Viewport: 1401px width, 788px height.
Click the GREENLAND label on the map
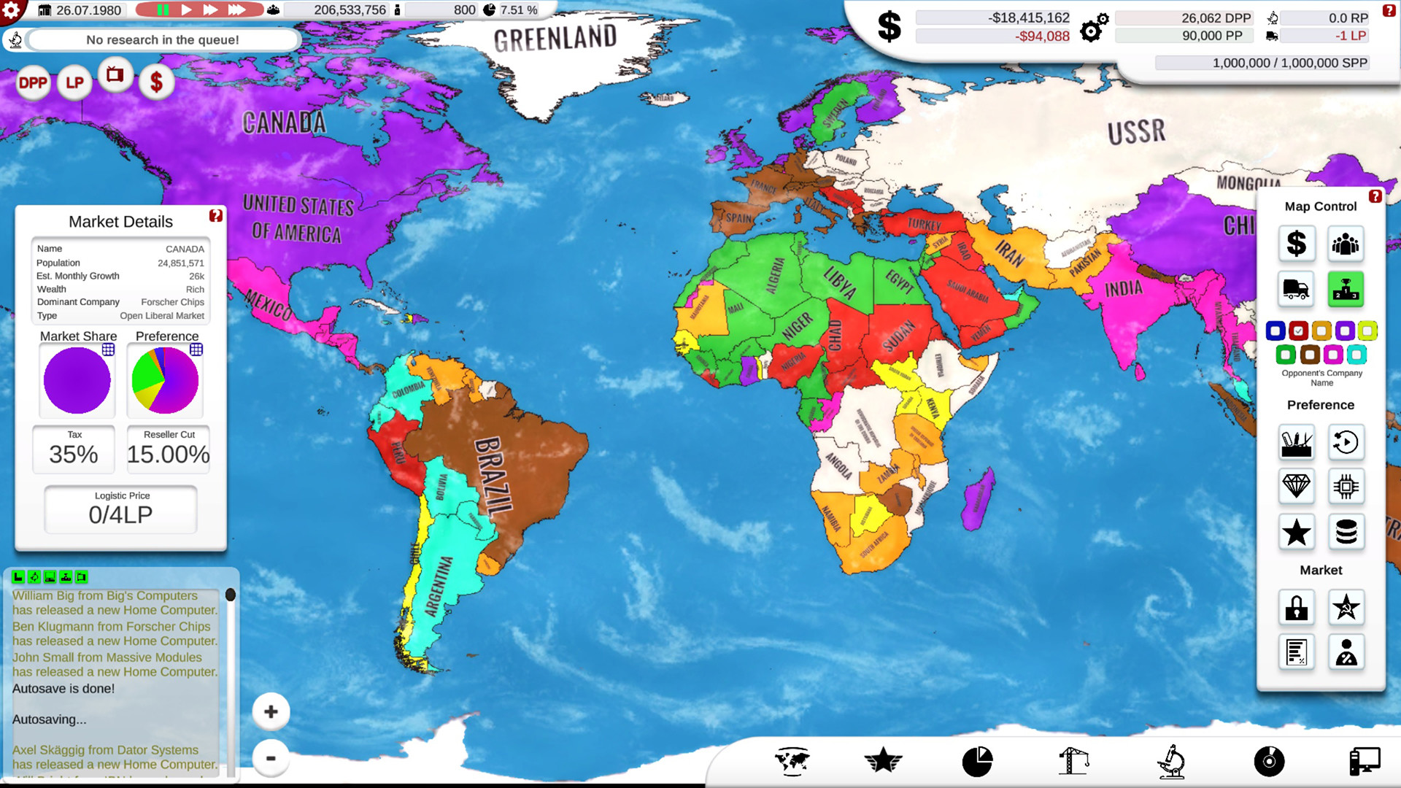(555, 38)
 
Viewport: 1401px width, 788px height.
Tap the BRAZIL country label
(495, 478)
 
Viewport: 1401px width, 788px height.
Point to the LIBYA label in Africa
(840, 282)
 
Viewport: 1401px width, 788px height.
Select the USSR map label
(1136, 132)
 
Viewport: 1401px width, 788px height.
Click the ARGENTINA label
(439, 587)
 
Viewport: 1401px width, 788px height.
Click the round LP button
(74, 83)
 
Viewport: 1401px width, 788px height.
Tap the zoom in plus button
(271, 712)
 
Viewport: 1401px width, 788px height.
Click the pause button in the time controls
(162, 10)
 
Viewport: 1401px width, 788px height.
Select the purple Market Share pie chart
(77, 380)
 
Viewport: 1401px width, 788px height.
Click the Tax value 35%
(74, 454)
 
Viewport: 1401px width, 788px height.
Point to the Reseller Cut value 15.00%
(169, 454)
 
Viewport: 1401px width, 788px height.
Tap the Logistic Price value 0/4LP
(121, 514)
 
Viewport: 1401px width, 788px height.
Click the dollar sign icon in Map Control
(1296, 244)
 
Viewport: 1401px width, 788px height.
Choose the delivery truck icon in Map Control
(1296, 289)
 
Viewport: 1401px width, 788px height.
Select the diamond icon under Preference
(1296, 486)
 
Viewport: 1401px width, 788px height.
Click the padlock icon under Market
(1296, 608)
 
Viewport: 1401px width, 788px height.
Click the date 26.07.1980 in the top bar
(88, 10)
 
